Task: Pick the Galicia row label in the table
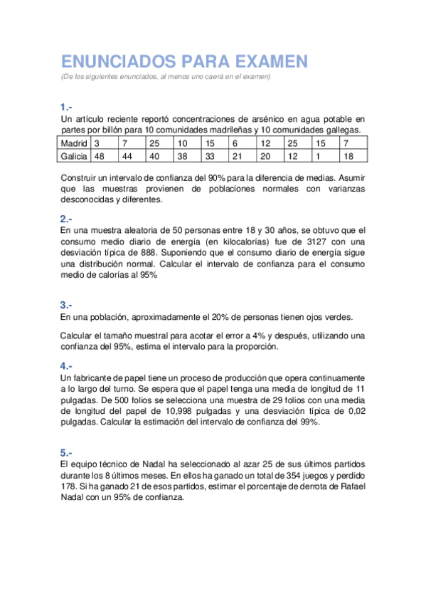point(75,156)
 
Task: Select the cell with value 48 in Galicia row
point(100,156)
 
